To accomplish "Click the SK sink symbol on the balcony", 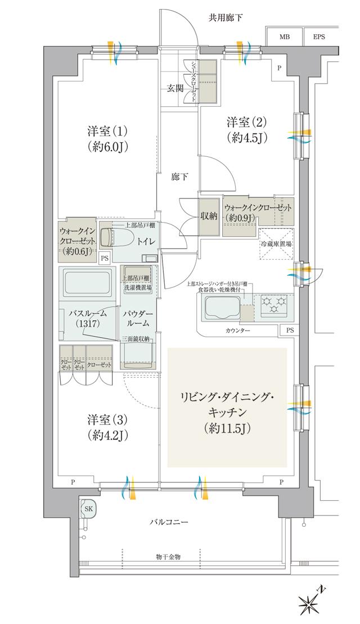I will pyautogui.click(x=88, y=508).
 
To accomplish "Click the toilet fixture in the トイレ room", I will pyautogui.click(x=115, y=238).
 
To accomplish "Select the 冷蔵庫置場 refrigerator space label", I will pyautogui.click(x=275, y=245).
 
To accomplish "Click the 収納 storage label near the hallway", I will pyautogui.click(x=208, y=215).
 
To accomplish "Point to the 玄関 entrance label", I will pyautogui.click(x=174, y=88).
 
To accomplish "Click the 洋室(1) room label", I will pyautogui.click(x=107, y=132).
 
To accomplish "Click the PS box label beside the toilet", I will pyautogui.click(x=104, y=258).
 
